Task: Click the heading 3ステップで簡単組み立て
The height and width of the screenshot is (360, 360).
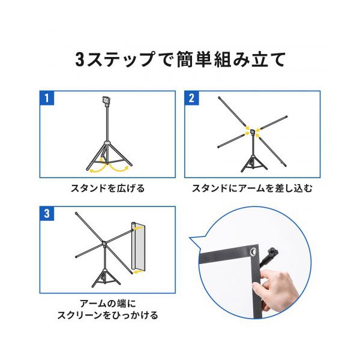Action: [x=181, y=59]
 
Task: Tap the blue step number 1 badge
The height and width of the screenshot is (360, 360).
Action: [x=47, y=98]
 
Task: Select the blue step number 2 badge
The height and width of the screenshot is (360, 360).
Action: [x=192, y=98]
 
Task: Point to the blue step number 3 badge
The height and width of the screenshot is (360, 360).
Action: [x=47, y=214]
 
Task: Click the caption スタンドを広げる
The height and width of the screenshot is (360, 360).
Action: [x=108, y=188]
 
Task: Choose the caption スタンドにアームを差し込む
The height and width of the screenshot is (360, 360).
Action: [x=252, y=188]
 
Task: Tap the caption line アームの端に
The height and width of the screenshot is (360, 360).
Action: [x=108, y=304]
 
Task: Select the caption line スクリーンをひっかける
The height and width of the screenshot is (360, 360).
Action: [x=108, y=315]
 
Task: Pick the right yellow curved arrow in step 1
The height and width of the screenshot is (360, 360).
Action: [x=118, y=167]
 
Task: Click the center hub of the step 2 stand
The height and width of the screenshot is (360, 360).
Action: [x=253, y=133]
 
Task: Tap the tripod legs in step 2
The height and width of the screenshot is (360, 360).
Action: [x=254, y=163]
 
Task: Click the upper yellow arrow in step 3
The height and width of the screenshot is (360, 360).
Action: [x=140, y=228]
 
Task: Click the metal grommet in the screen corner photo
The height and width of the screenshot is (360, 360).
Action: [x=253, y=251]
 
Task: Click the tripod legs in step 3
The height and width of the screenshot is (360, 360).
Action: [x=106, y=278]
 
